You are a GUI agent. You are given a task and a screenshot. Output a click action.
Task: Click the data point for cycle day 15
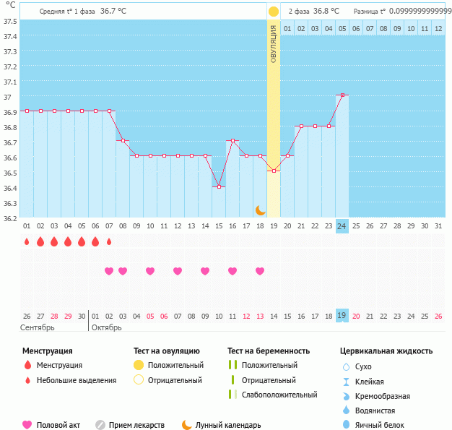pyautogui.click(x=219, y=186)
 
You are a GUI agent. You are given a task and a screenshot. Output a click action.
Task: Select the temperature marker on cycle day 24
pyautogui.click(x=342, y=95)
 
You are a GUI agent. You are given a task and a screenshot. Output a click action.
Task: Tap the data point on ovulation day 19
pyautogui.click(x=274, y=171)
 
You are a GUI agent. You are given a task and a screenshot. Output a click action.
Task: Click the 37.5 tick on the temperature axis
pyautogui.click(x=9, y=21)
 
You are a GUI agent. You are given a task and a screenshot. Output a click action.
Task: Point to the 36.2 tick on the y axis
pyautogui.click(x=9, y=219)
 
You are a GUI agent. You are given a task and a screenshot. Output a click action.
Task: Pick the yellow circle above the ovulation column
pyautogui.click(x=274, y=12)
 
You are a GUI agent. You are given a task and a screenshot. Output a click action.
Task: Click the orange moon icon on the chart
pyautogui.click(x=261, y=210)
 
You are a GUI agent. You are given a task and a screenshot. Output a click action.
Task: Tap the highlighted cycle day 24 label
pyautogui.click(x=342, y=226)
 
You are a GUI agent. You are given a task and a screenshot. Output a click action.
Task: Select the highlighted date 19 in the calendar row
pyautogui.click(x=342, y=316)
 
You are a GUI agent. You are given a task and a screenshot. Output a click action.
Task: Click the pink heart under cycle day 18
pyautogui.click(x=260, y=271)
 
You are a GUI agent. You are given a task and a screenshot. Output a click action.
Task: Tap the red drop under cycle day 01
pyautogui.click(x=27, y=242)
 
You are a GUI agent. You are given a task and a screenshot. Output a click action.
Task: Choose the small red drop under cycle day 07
pyautogui.click(x=109, y=242)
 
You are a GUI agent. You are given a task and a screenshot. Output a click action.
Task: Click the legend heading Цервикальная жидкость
pyautogui.click(x=386, y=351)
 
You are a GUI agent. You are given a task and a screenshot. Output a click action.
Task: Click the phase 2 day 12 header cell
pyautogui.click(x=438, y=29)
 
